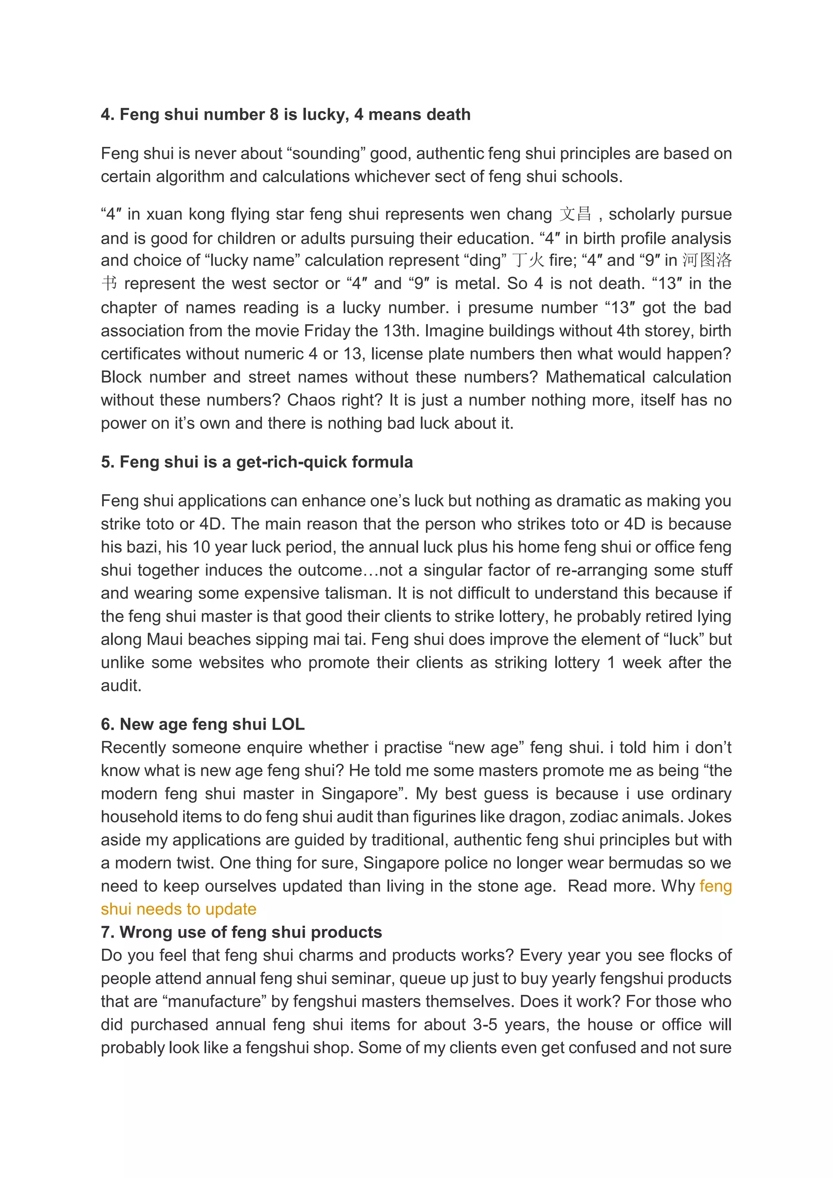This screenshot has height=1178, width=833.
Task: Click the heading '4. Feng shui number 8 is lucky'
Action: tap(285, 114)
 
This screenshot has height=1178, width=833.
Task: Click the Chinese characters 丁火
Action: tap(528, 260)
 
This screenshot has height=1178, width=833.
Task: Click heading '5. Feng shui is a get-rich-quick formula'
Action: tap(257, 462)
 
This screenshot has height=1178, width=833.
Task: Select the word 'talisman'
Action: tap(359, 593)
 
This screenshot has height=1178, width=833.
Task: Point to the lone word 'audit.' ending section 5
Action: tap(121, 685)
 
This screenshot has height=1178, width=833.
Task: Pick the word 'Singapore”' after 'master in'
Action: tap(364, 793)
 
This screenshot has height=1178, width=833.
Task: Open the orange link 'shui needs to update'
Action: tap(179, 909)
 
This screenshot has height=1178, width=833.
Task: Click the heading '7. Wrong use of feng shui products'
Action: tap(241, 932)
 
